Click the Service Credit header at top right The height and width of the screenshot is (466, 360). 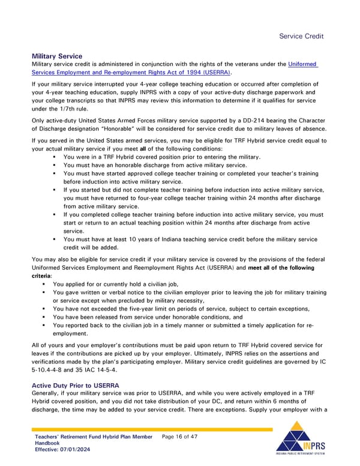click(x=302, y=36)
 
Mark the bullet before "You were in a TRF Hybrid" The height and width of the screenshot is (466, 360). click(x=55, y=157)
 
